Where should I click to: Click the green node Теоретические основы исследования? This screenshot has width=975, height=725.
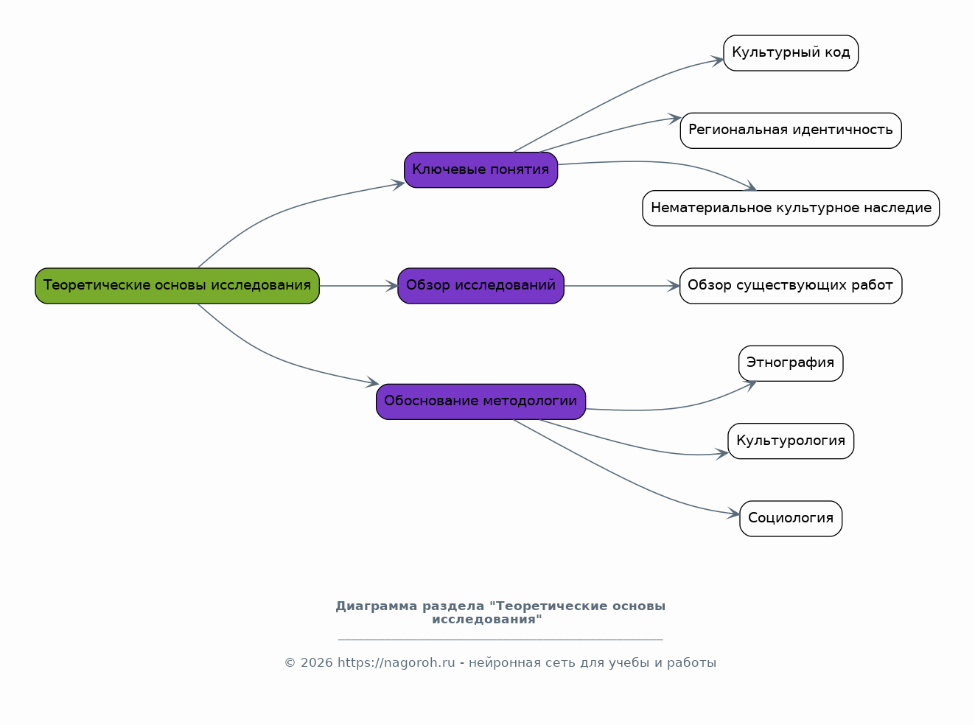[x=177, y=286]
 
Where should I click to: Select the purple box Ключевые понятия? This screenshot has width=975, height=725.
[x=481, y=170]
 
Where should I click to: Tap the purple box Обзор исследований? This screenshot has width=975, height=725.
[x=481, y=286]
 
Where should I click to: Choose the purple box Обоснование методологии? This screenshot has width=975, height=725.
[x=481, y=402]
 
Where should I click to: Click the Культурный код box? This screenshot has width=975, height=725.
[x=791, y=53]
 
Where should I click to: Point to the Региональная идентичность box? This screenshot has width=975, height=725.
[x=791, y=130]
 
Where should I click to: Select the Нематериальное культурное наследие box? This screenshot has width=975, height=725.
[x=791, y=209]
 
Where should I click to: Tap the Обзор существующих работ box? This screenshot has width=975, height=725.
[x=791, y=286]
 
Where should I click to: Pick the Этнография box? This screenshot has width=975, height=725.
[x=791, y=363]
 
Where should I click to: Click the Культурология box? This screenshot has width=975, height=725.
[x=791, y=441]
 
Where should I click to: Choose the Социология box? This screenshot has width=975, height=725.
[x=791, y=519]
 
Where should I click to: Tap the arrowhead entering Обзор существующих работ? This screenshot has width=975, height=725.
[x=674, y=286]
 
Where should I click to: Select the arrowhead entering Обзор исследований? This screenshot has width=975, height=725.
[x=392, y=286]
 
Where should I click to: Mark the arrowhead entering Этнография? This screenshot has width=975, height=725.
[x=750, y=385]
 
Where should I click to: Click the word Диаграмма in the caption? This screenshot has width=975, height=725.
[x=377, y=606]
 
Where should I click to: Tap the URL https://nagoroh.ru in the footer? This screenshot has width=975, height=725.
[x=396, y=663]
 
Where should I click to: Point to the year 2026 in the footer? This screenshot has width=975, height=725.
[x=316, y=663]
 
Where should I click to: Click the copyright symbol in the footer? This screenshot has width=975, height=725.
[x=290, y=663]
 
